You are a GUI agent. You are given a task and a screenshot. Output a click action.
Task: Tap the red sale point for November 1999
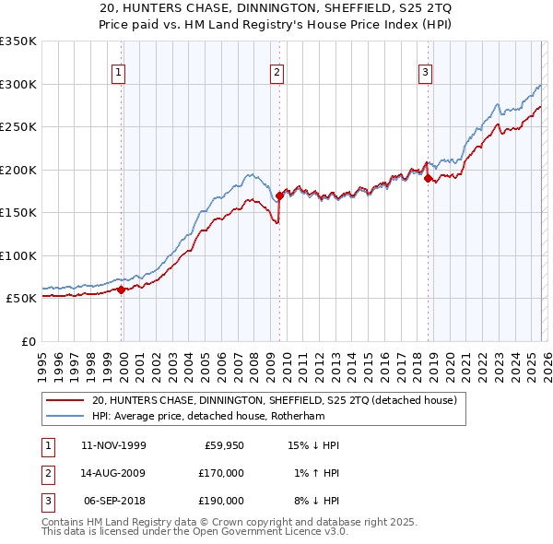click(x=122, y=290)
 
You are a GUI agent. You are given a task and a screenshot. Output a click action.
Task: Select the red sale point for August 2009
click(x=279, y=195)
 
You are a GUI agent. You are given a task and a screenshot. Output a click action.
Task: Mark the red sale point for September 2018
click(x=428, y=179)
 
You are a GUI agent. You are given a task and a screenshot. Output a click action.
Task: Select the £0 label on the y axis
click(x=27, y=341)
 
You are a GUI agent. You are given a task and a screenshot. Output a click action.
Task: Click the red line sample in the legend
click(x=65, y=401)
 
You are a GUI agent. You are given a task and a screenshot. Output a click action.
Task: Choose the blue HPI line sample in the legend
click(x=65, y=416)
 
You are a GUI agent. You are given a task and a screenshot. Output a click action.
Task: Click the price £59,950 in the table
click(x=222, y=445)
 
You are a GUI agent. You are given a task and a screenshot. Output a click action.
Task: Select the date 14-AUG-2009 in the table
click(x=113, y=473)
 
